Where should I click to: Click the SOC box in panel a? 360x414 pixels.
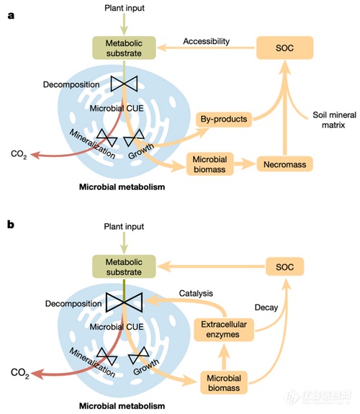tap(284, 48)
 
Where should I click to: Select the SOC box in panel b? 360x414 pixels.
tap(284, 266)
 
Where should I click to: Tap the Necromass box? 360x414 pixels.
tap(284, 164)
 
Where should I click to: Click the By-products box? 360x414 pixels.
tap(224, 119)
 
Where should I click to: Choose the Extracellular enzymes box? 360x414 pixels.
tap(224, 330)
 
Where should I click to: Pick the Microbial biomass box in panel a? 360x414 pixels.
tap(210, 164)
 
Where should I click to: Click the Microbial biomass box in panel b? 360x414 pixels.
tap(224, 383)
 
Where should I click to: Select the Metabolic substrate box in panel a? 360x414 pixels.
tap(124, 48)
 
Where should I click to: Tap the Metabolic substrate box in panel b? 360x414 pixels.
tap(124, 266)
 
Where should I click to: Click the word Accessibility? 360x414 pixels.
tap(207, 42)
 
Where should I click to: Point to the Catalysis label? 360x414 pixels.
tap(196, 293)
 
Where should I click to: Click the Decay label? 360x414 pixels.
tap(266, 307)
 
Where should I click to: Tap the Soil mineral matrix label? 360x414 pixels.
tap(334, 120)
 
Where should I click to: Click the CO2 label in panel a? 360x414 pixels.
tap(19, 154)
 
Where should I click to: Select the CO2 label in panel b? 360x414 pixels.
tap(19, 373)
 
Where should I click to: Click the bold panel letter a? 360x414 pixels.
tap(11, 16)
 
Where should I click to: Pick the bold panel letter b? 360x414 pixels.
tap(11, 225)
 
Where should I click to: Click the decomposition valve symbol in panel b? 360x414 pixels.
tap(124, 302)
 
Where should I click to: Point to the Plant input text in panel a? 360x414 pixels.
tap(125, 8)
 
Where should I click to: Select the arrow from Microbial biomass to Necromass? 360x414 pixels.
tap(245, 164)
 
